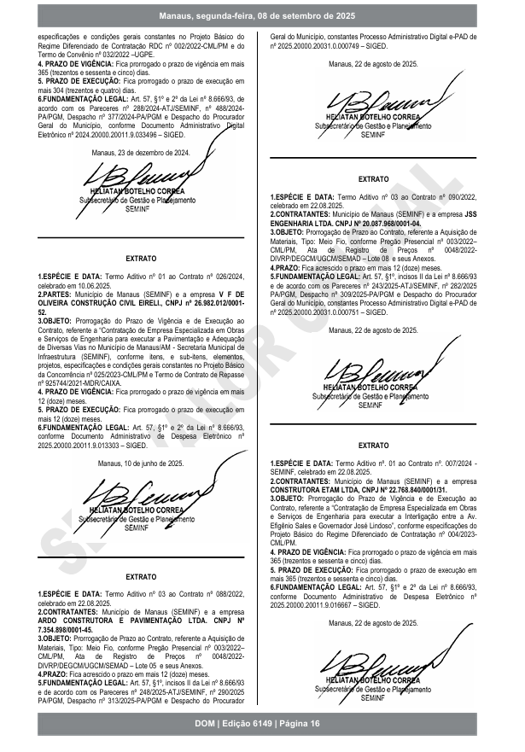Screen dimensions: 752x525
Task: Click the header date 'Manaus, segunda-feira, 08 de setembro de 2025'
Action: click(x=262, y=15)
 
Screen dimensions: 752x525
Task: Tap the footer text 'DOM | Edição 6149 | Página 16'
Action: click(x=262, y=723)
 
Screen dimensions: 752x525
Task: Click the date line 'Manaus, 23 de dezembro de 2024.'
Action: click(x=141, y=152)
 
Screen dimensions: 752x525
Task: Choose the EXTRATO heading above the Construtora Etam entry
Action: click(x=373, y=445)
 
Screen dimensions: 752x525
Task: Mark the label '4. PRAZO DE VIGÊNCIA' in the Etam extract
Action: click(x=306, y=552)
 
